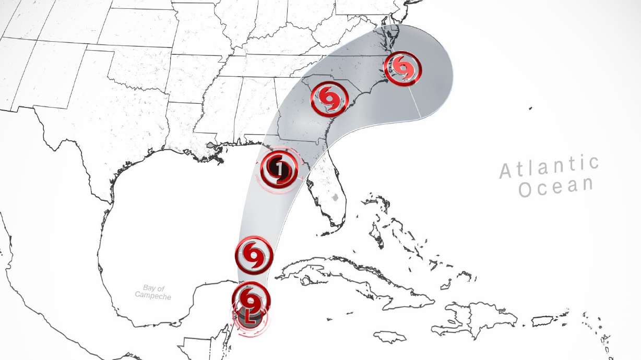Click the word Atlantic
pyautogui.click(x=549, y=166)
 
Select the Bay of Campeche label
pyautogui.click(x=153, y=292)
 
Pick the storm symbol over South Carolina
pyautogui.click(x=329, y=98)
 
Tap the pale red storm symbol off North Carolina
pyautogui.click(x=402, y=68)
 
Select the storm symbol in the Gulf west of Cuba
pyautogui.click(x=254, y=254)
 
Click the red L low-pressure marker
pyautogui.click(x=250, y=317)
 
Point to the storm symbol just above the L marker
pyautogui.click(x=251, y=299)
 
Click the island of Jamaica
pyautogui.click(x=389, y=337)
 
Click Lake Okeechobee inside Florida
pyautogui.click(x=336, y=198)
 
